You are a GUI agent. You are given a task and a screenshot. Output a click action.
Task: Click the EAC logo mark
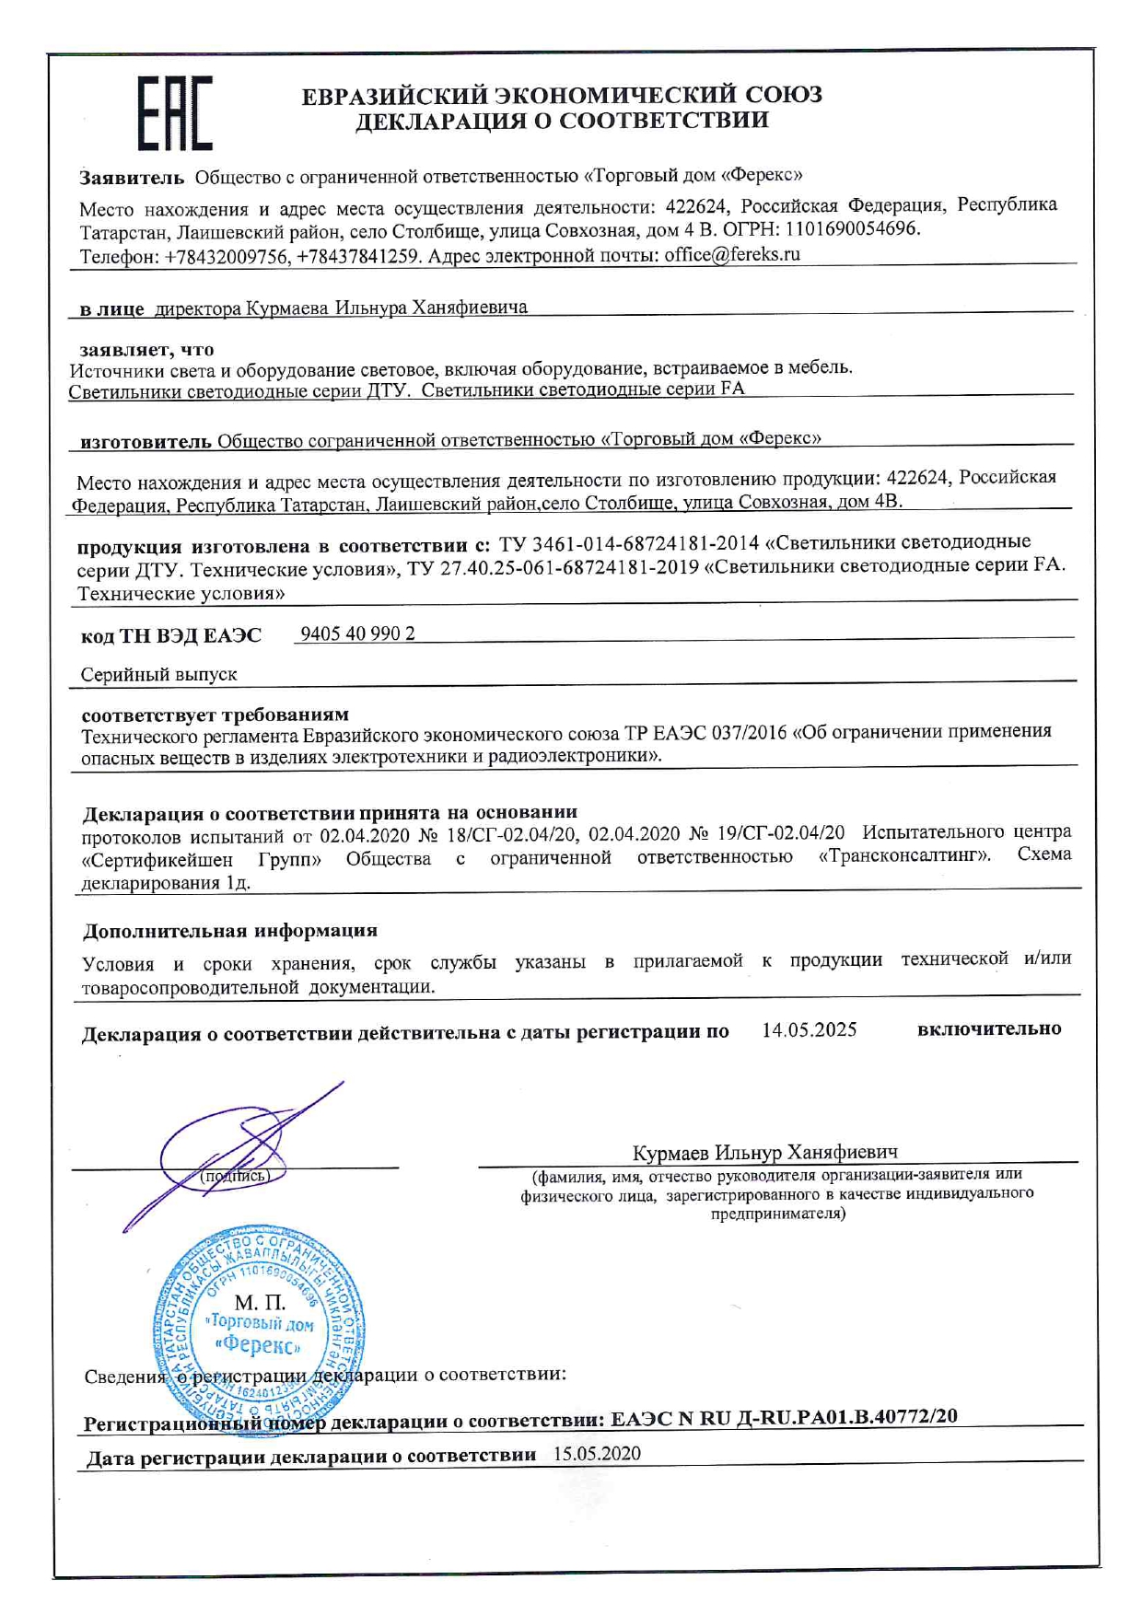[175, 113]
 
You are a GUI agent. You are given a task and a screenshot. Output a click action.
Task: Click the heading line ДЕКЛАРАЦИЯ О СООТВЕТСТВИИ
[562, 121]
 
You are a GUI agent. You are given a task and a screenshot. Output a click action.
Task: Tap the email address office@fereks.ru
[732, 254]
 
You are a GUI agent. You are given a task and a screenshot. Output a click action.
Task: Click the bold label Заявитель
[132, 176]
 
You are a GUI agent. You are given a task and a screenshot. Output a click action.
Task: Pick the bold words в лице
[111, 308]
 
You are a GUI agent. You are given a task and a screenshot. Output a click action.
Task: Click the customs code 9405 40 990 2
[357, 633]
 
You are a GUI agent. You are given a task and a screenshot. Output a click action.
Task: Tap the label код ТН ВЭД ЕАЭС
[171, 635]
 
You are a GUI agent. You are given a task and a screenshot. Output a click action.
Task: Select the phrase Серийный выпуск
[158, 675]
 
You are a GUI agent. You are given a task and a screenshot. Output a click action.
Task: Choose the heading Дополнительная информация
[230, 931]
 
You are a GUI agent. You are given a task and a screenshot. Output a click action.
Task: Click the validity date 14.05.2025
[809, 1029]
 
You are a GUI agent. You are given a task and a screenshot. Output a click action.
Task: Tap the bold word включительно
[988, 1028]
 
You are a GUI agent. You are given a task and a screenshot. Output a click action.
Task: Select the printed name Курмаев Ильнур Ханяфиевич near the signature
[764, 1153]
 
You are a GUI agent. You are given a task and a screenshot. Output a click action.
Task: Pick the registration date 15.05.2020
[597, 1454]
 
